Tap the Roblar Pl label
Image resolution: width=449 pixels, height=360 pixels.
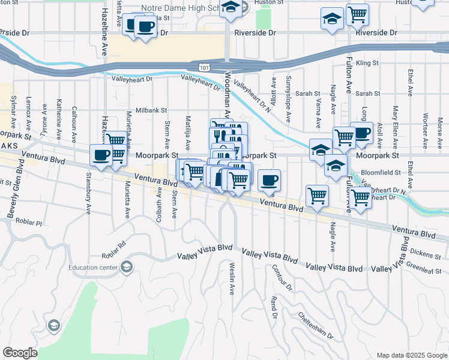(x=30, y=223)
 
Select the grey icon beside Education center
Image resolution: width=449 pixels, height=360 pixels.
(x=126, y=267)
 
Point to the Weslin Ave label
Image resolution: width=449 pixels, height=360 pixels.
(x=231, y=278)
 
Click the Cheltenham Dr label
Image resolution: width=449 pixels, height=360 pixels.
(x=315, y=325)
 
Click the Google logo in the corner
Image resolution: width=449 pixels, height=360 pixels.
(x=20, y=353)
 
